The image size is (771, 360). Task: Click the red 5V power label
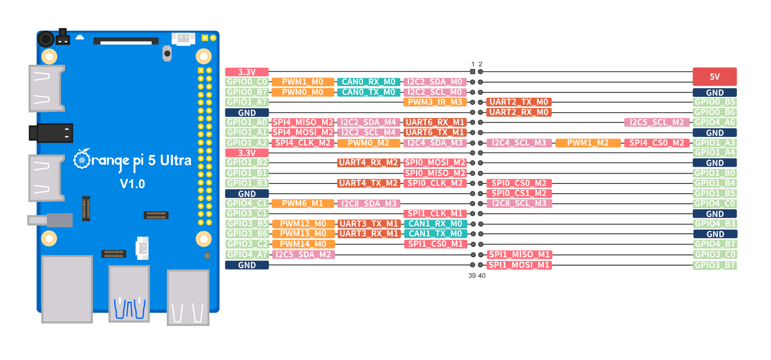(x=714, y=77)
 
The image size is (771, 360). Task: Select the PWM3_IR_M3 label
(x=435, y=102)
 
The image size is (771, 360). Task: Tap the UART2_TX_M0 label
(x=518, y=102)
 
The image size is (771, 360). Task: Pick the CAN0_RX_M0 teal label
(x=368, y=82)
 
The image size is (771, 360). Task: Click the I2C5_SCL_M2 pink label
(x=657, y=123)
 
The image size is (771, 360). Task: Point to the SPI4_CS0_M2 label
(x=657, y=143)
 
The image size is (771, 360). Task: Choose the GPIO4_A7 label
(x=247, y=255)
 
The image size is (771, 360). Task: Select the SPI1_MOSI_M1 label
(x=519, y=265)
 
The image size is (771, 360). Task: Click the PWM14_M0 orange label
(x=303, y=244)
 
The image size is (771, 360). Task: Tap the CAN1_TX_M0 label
(x=435, y=234)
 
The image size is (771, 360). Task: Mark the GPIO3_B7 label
(x=714, y=265)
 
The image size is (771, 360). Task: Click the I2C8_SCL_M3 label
(x=519, y=204)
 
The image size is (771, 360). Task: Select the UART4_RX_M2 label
(x=368, y=163)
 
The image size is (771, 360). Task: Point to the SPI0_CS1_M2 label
(x=519, y=193)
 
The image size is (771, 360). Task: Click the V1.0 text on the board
(x=132, y=184)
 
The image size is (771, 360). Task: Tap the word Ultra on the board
(x=176, y=161)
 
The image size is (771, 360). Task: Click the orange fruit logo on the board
(x=82, y=159)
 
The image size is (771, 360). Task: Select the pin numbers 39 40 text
(x=477, y=276)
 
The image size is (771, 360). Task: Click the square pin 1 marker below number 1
(x=472, y=72)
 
